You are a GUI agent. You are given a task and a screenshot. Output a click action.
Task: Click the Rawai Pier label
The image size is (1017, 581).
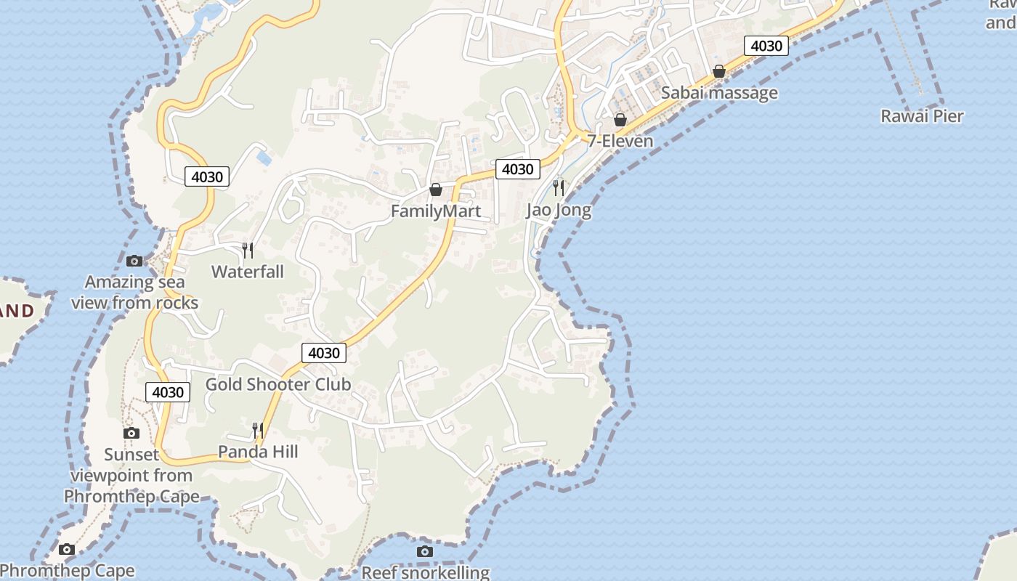point(922,116)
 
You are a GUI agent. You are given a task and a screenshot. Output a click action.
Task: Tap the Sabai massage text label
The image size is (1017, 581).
point(718,93)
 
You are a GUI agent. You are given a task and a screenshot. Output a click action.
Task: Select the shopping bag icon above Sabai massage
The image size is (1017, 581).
point(719,71)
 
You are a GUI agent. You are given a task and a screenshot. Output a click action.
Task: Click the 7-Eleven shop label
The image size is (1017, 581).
point(620,141)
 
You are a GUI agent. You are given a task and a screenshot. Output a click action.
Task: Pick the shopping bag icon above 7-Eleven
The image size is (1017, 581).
point(620,119)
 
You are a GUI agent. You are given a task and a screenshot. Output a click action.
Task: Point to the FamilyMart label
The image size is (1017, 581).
point(436,211)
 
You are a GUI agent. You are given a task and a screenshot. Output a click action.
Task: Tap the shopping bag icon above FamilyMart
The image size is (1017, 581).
point(436,190)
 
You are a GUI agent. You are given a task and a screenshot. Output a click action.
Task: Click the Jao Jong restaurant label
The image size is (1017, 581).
point(558,211)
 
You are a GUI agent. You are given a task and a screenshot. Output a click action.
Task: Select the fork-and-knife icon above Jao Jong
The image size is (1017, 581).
point(558,188)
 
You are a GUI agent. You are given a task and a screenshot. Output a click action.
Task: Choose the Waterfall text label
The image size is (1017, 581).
point(248,272)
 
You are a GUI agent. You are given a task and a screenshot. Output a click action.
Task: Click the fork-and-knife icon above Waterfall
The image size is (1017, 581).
point(248,251)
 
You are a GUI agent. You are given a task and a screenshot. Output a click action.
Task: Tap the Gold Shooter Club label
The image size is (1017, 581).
point(278,384)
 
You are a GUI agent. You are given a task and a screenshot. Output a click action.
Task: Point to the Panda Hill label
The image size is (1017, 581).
point(258,452)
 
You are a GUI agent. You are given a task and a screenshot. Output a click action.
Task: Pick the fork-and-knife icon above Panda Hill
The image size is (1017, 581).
point(257,431)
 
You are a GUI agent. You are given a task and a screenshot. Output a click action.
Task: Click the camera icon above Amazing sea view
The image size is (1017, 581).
point(134,261)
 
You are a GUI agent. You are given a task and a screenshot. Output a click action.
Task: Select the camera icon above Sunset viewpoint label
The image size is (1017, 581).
point(131,434)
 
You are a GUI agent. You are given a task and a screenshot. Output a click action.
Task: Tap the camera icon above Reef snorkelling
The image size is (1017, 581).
point(425,552)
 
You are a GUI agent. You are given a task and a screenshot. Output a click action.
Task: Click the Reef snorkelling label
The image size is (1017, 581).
point(426,572)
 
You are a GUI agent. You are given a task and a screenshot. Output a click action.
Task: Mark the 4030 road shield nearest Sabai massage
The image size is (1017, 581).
point(766,46)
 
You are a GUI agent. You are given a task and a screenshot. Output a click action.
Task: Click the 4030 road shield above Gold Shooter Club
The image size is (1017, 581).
point(323,353)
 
